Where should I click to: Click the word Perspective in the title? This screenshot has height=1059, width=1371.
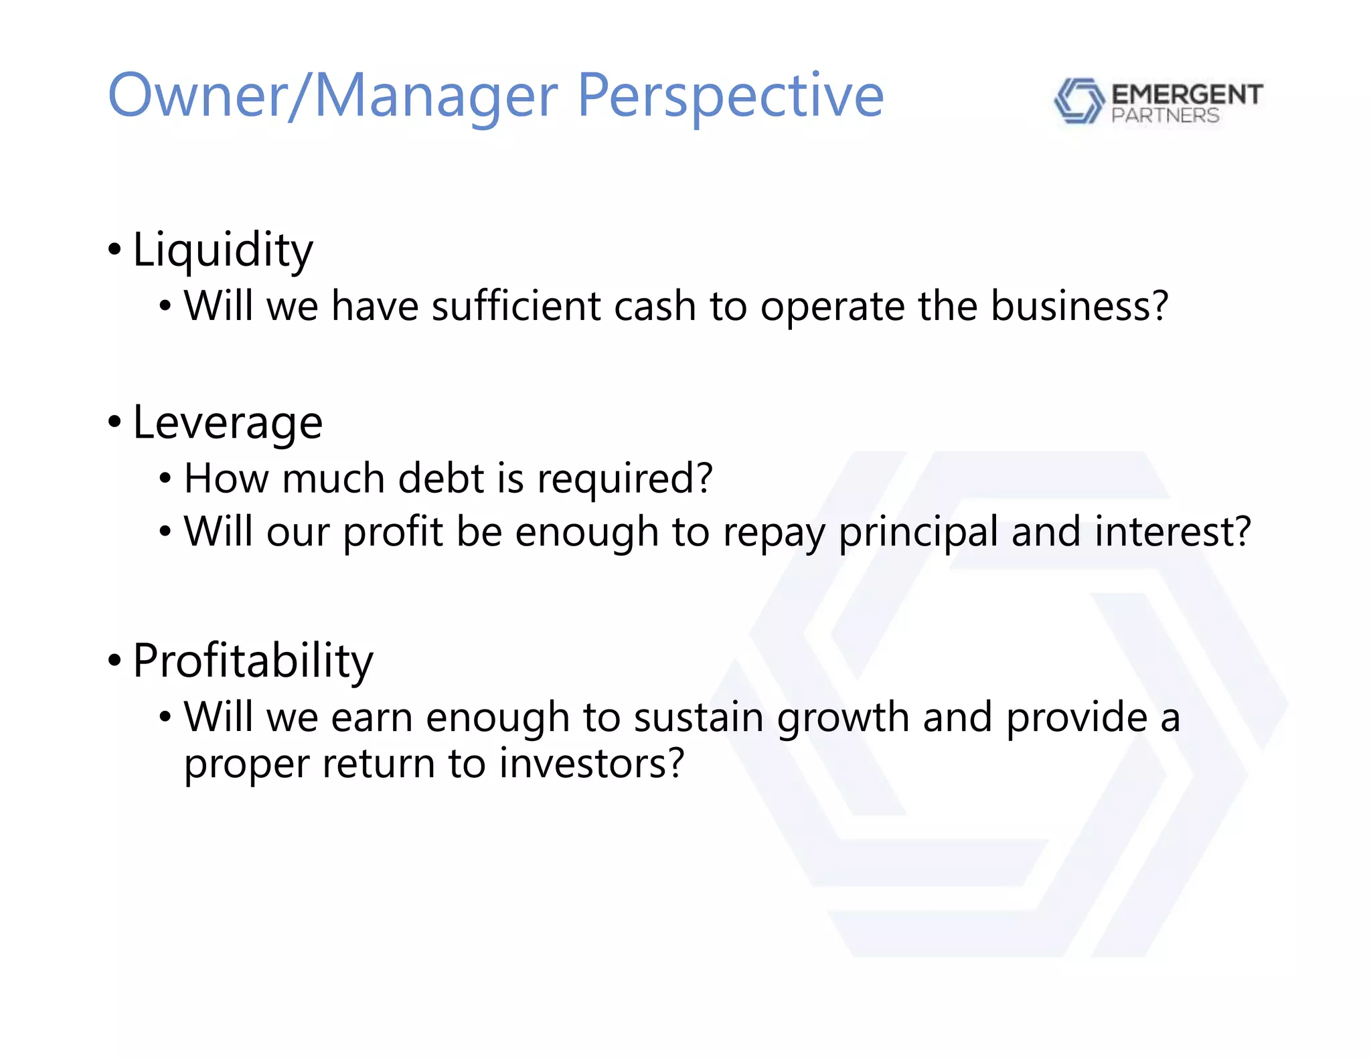click(730, 97)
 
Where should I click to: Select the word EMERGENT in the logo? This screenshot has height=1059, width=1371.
click(1187, 94)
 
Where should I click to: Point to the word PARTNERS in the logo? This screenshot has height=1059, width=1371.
click(1165, 116)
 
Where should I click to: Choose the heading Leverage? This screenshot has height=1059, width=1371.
click(228, 423)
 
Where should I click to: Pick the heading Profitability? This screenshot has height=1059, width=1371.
click(253, 661)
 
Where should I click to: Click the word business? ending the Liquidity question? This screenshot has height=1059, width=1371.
click(1079, 307)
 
